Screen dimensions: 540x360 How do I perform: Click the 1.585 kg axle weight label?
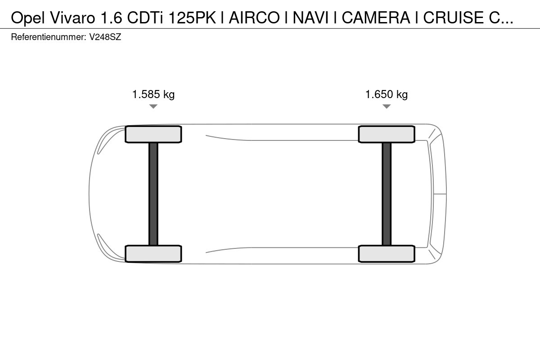pyautogui.click(x=153, y=94)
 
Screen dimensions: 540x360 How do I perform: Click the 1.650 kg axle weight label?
pyautogui.click(x=387, y=94)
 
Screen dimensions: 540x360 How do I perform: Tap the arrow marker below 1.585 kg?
pyautogui.click(x=153, y=106)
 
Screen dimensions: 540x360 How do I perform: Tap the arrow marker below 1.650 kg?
pyautogui.click(x=387, y=106)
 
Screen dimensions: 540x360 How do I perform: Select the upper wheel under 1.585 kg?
pyautogui.click(x=153, y=134)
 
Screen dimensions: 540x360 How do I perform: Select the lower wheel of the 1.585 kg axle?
pyautogui.click(x=153, y=254)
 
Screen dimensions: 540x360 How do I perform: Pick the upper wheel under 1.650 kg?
pyautogui.click(x=387, y=134)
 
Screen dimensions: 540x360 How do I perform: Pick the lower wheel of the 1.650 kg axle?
pyautogui.click(x=387, y=254)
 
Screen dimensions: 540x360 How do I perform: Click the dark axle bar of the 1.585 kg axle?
pyautogui.click(x=153, y=194)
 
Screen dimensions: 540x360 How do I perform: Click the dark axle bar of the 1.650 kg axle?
pyautogui.click(x=387, y=194)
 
